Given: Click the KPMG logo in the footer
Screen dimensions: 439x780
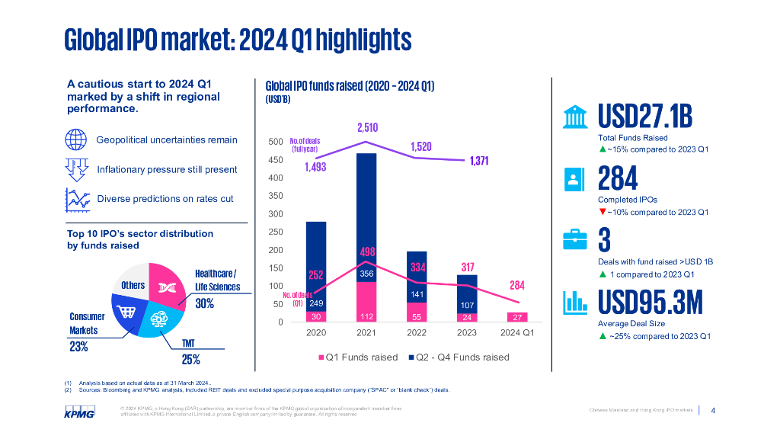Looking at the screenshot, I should coord(78,412).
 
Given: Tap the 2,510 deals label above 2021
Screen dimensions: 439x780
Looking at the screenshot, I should coord(367,127).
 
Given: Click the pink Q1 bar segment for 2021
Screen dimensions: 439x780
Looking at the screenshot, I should coord(367,302).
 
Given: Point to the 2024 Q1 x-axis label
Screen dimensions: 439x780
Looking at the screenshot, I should coord(516,333).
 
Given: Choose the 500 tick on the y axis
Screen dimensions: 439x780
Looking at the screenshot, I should coord(277,142).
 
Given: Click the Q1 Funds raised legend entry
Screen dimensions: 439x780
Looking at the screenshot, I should coord(357,357).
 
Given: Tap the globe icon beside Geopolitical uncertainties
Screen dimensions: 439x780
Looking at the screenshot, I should coord(76,140).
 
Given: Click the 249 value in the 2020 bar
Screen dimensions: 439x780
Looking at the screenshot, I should coord(317,303).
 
